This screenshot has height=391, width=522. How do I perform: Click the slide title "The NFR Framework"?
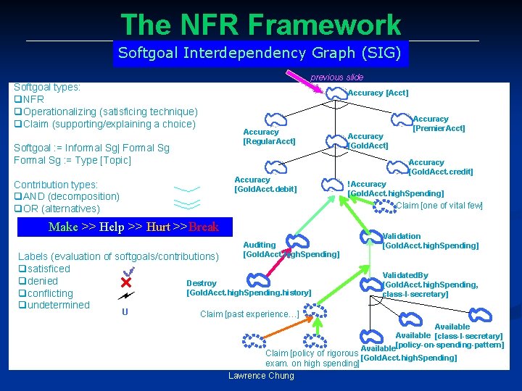[x=260, y=25]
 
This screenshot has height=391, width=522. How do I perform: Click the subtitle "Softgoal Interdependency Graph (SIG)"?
[x=259, y=53]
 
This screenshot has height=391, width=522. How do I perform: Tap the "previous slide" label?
[x=336, y=77]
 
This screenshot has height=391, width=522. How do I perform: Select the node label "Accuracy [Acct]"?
[x=378, y=93]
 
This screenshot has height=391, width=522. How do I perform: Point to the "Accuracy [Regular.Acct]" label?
[x=269, y=137]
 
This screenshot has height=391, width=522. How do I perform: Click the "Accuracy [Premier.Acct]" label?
[x=438, y=124]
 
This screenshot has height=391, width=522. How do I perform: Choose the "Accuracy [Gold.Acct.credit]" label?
[x=441, y=167]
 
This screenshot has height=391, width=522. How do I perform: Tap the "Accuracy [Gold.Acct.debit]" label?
[x=265, y=185]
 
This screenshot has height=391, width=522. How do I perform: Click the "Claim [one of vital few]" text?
[x=439, y=206]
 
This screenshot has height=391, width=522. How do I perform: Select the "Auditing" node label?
[x=260, y=245]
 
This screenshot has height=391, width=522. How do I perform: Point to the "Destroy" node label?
[x=202, y=283]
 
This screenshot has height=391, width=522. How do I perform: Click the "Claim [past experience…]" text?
[x=249, y=314]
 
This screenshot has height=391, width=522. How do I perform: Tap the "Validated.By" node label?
[x=405, y=275]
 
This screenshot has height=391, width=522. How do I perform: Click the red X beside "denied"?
[x=125, y=281]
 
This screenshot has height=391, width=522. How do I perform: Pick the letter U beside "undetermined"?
[x=125, y=312]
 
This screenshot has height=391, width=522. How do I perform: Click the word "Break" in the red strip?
[x=204, y=227]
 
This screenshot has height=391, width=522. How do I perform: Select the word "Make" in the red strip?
[x=63, y=227]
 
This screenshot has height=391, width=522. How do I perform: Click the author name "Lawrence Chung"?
[x=261, y=375]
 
